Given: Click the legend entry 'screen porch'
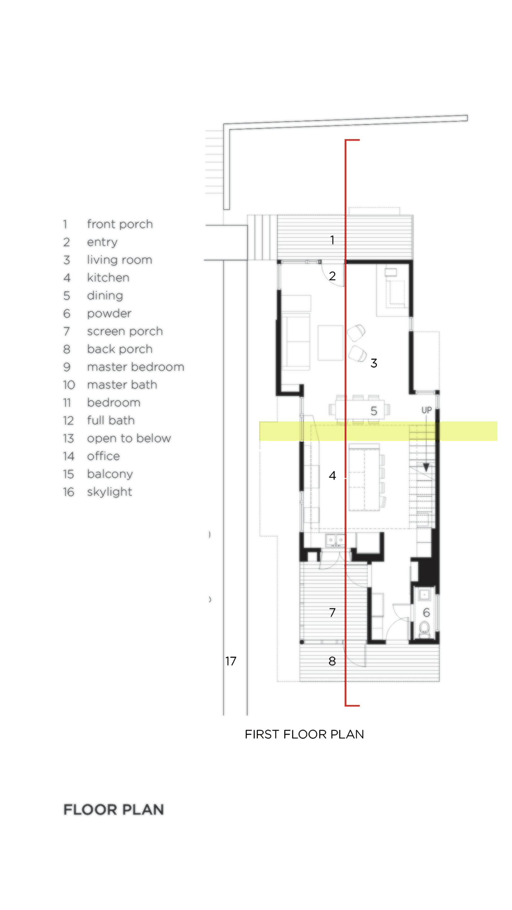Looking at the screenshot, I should [x=124, y=331].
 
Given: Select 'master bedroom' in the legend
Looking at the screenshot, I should [x=135, y=367].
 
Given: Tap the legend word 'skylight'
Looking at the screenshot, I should [x=109, y=492].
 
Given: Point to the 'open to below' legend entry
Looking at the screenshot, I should [x=129, y=438].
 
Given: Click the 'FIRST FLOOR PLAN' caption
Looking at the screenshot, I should [x=304, y=734].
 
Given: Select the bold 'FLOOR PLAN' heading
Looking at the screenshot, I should [x=113, y=809].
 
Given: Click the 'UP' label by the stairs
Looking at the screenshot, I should [x=426, y=410].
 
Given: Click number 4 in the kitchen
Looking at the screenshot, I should [x=332, y=476].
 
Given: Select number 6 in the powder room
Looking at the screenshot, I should [x=426, y=612].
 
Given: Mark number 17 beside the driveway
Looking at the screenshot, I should [x=231, y=661].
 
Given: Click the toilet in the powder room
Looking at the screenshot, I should [x=424, y=629].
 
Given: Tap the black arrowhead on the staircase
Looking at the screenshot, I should [x=426, y=468].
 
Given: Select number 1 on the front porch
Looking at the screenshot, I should [x=332, y=240].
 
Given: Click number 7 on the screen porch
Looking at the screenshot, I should [x=332, y=612].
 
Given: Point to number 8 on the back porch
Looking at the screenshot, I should [x=332, y=661].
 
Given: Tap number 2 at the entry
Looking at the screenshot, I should [x=332, y=276].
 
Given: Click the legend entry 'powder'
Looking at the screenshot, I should [x=109, y=313].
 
